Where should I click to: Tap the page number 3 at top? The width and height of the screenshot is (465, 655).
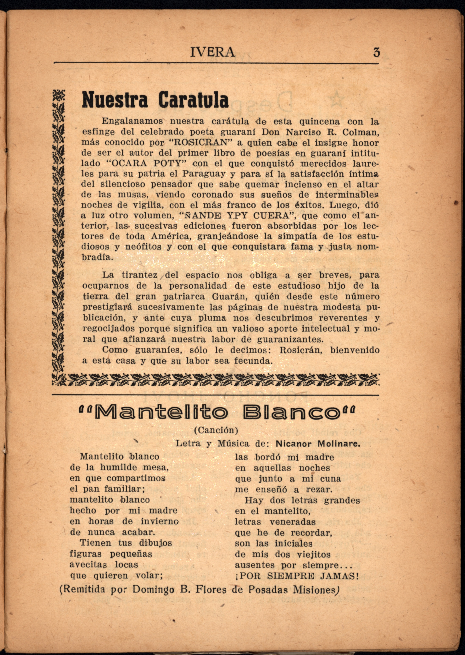[376, 52]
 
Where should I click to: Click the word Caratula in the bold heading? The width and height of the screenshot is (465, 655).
[194, 100]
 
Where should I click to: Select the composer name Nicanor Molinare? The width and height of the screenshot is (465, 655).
[317, 444]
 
